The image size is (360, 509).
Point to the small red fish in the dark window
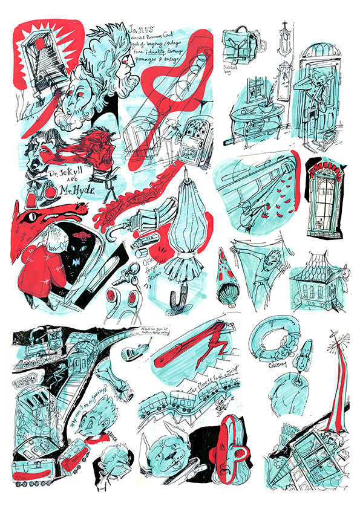tap(79, 232)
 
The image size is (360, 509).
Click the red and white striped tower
tap(330, 387)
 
